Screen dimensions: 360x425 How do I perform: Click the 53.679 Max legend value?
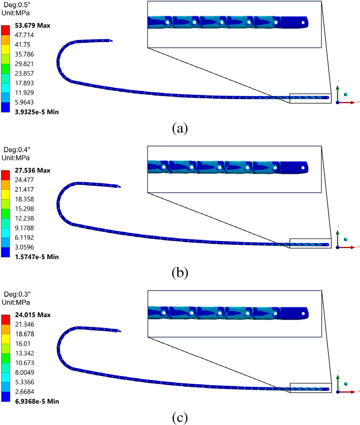[33, 25]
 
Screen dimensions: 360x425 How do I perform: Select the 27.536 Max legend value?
[33, 170]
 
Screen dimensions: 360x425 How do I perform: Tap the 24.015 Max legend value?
[33, 315]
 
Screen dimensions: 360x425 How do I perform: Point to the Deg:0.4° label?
[17, 150]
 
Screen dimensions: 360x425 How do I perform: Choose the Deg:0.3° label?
[17, 294]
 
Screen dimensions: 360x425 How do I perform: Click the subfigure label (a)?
[180, 128]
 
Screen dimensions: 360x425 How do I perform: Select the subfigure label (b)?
[180, 273]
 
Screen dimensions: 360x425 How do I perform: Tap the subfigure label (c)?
[180, 417]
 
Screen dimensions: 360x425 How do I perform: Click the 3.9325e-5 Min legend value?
[37, 112]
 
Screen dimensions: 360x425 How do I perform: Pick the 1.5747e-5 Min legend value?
[37, 257]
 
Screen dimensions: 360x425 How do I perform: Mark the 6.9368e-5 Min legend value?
[37, 402]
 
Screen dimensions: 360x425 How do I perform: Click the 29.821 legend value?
[24, 64]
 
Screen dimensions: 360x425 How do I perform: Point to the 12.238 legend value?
[24, 218]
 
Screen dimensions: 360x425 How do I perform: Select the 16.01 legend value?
[23, 344]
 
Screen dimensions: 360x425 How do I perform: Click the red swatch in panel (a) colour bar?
[6, 30]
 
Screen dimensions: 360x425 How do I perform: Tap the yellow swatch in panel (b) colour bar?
[6, 194]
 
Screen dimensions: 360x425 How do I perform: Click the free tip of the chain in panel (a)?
[112, 41]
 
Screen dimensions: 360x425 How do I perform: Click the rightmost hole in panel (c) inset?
[303, 314]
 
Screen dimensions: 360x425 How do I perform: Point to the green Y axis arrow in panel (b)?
[337, 238]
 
